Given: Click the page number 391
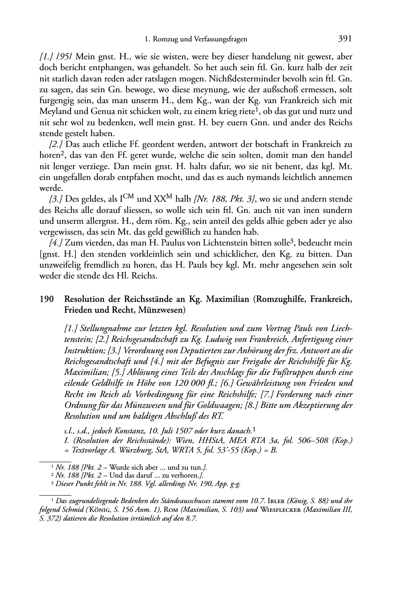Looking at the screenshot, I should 345,39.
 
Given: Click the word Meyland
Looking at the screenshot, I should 54,111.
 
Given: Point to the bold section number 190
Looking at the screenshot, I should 47,299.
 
